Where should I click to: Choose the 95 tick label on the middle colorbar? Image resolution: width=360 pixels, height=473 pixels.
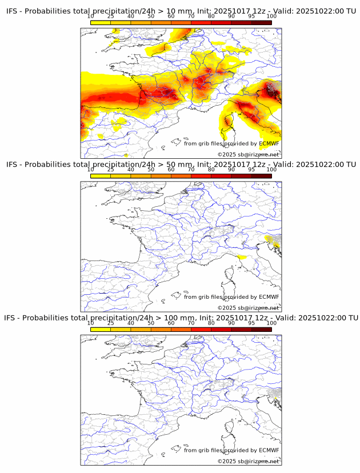coord(251,170)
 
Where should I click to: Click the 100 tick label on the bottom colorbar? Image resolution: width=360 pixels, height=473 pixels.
coord(271,323)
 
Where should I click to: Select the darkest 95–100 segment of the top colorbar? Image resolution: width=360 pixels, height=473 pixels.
coord(261,22)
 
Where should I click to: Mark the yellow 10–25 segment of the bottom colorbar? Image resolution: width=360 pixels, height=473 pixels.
coord(101,330)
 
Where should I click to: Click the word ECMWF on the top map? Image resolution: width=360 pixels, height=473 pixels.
coord(269,143)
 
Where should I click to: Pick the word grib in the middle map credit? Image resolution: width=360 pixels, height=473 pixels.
coord(205,297)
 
